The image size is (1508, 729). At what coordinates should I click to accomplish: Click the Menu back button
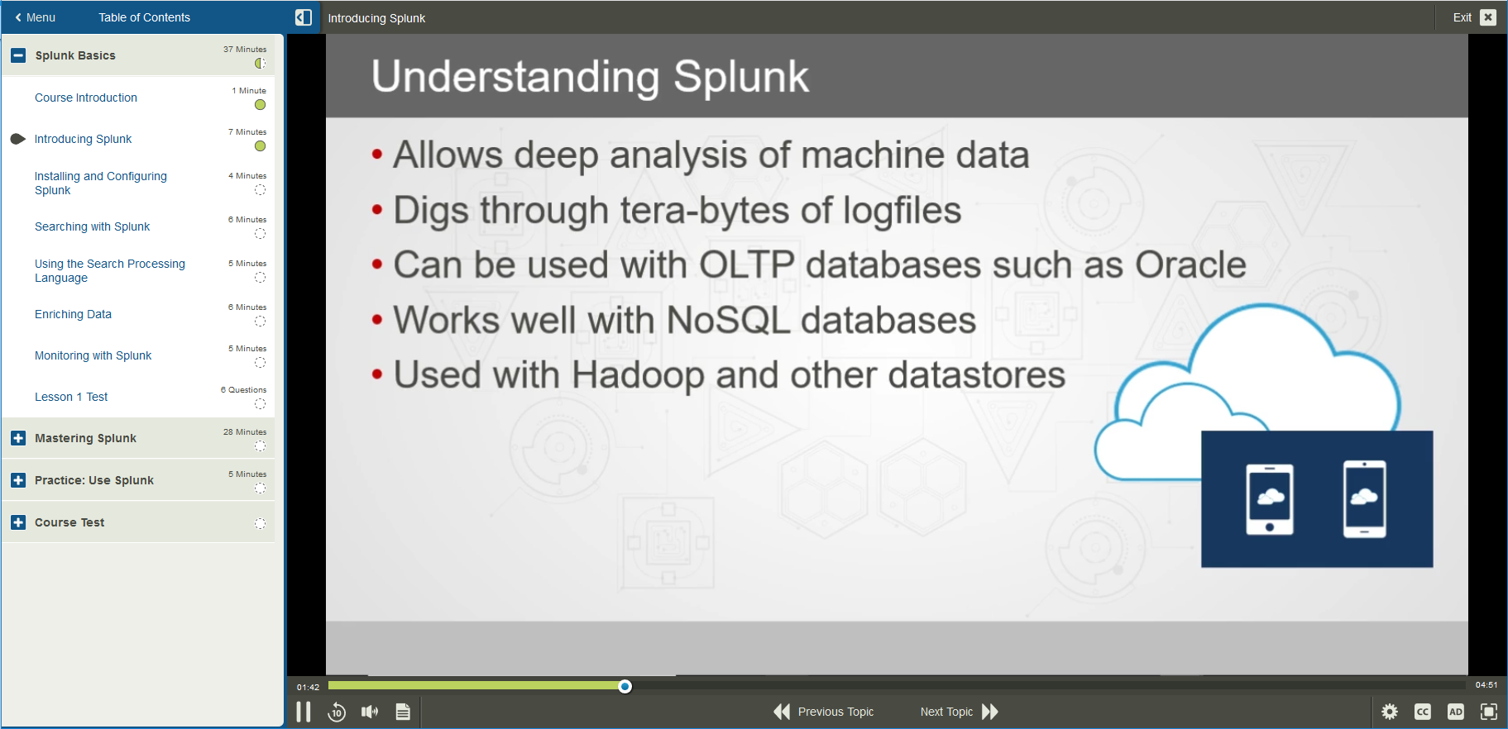point(35,17)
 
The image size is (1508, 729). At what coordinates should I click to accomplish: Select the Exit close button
point(1487,17)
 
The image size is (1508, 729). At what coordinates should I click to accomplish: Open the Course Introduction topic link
point(86,98)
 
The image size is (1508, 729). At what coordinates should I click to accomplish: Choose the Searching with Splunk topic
point(92,226)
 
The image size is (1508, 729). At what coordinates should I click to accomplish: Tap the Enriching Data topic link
point(73,314)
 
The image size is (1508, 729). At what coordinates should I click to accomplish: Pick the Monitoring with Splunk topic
point(93,355)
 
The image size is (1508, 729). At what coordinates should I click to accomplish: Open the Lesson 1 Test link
point(71,397)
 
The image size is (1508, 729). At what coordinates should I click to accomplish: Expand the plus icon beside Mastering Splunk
point(18,438)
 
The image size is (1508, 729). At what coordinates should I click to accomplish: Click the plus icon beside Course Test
point(18,522)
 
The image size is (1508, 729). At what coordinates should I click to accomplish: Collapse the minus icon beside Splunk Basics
point(18,55)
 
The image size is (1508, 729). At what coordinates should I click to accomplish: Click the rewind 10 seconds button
point(337,712)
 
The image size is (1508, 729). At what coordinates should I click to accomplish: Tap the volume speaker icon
point(369,712)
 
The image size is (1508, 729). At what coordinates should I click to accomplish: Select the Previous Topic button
point(824,712)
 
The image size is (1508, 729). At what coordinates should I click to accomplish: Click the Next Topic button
point(959,712)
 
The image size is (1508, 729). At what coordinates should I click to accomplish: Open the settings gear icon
point(1390,712)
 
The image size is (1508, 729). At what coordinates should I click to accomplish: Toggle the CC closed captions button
point(1423,712)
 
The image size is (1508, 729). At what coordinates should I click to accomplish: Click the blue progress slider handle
point(625,686)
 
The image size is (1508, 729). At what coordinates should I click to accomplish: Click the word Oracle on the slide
point(1190,265)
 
